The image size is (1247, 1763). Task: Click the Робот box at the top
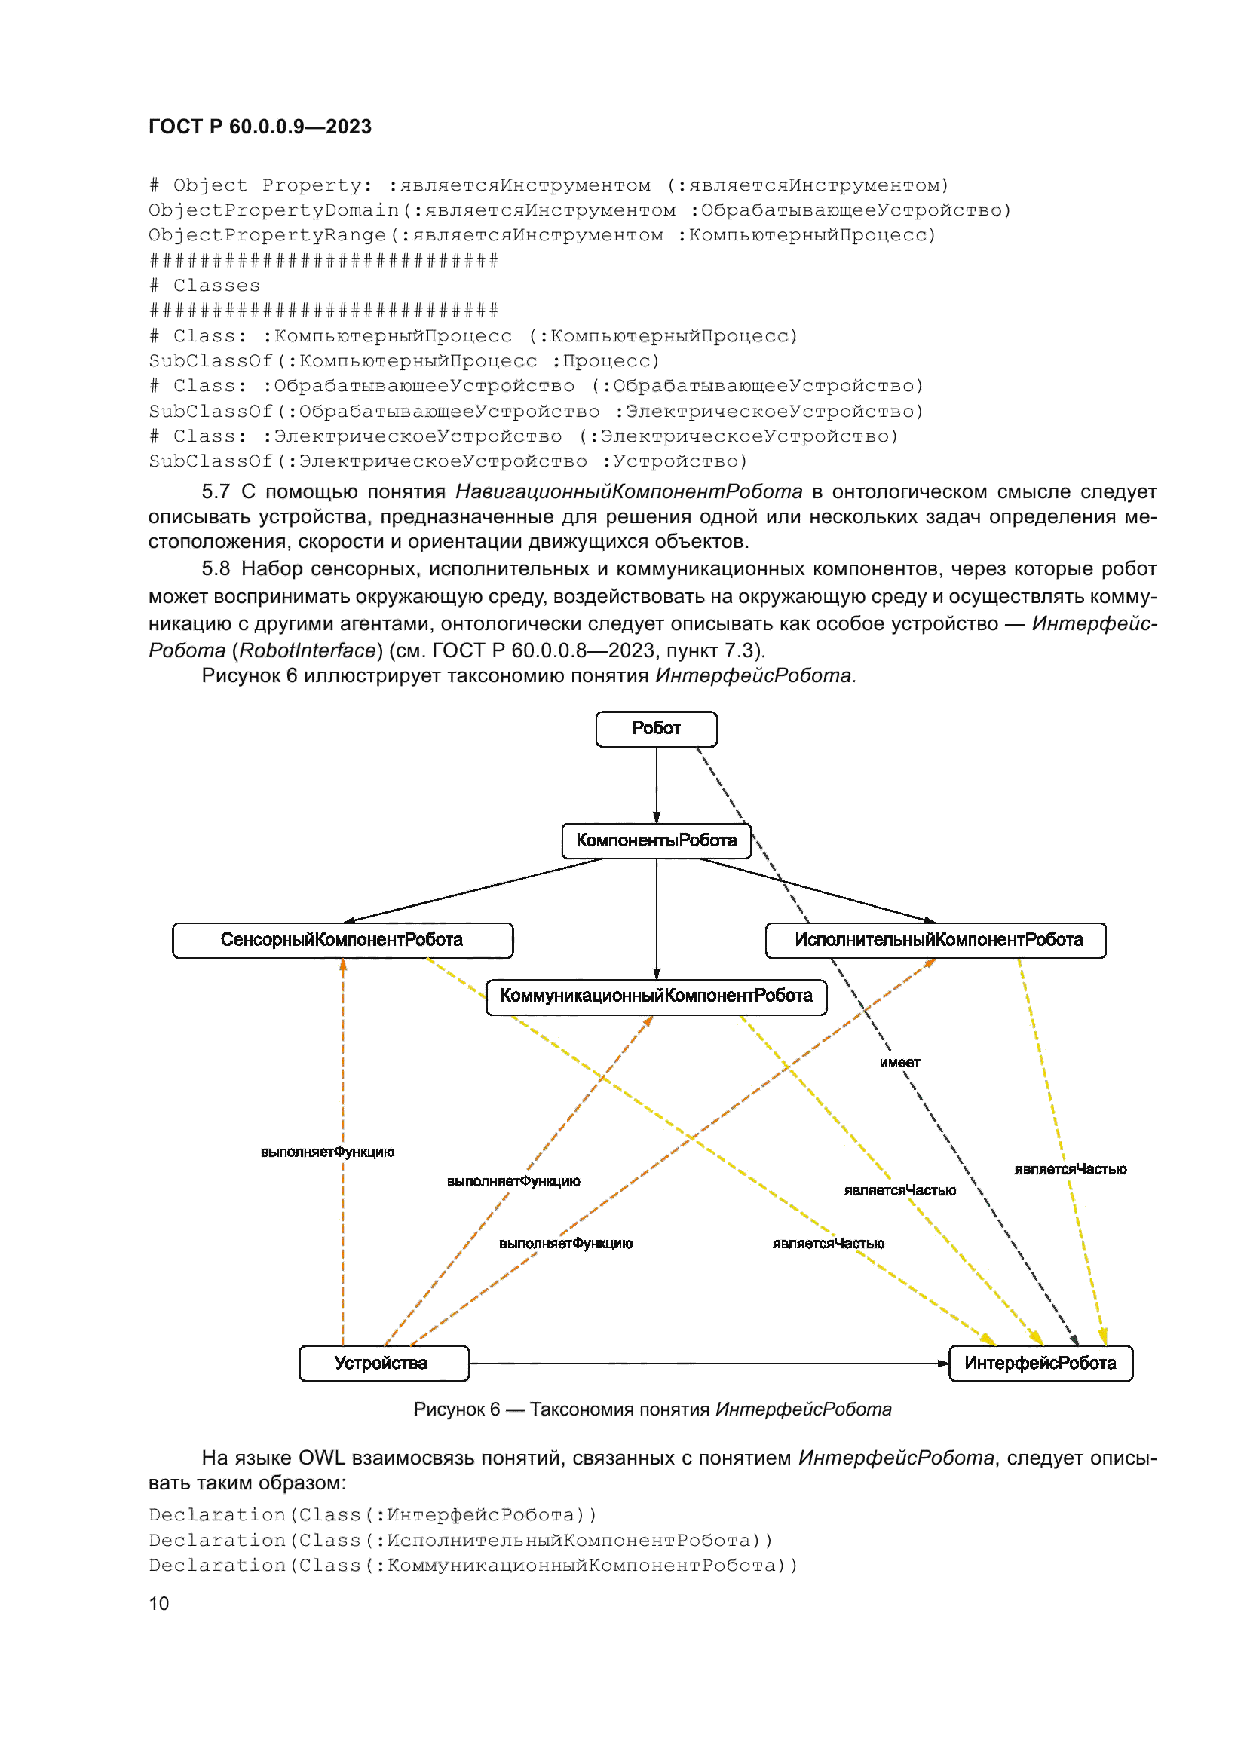click(656, 729)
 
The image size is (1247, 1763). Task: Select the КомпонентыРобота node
click(656, 841)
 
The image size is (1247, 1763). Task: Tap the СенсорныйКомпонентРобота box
click(342, 940)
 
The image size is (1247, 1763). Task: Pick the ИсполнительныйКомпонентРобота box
click(935, 940)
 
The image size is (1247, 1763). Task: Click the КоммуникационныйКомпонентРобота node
click(656, 996)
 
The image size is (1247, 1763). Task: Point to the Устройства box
click(383, 1363)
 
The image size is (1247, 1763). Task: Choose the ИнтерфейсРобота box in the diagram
click(1040, 1363)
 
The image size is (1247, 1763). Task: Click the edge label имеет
click(899, 1063)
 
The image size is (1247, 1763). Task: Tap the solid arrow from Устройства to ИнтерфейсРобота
click(706, 1363)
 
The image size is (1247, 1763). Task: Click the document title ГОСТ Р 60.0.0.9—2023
click(259, 127)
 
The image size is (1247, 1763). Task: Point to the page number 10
click(158, 1603)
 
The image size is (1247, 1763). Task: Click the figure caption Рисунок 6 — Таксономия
click(652, 1409)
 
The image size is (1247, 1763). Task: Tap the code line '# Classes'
click(205, 286)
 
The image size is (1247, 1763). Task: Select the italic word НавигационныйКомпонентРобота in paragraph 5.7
click(628, 491)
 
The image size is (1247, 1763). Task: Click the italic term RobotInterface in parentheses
click(307, 650)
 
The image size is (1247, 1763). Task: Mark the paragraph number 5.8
click(216, 569)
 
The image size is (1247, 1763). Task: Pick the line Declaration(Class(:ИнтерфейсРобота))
click(372, 1514)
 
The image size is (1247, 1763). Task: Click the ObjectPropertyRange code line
click(542, 235)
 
